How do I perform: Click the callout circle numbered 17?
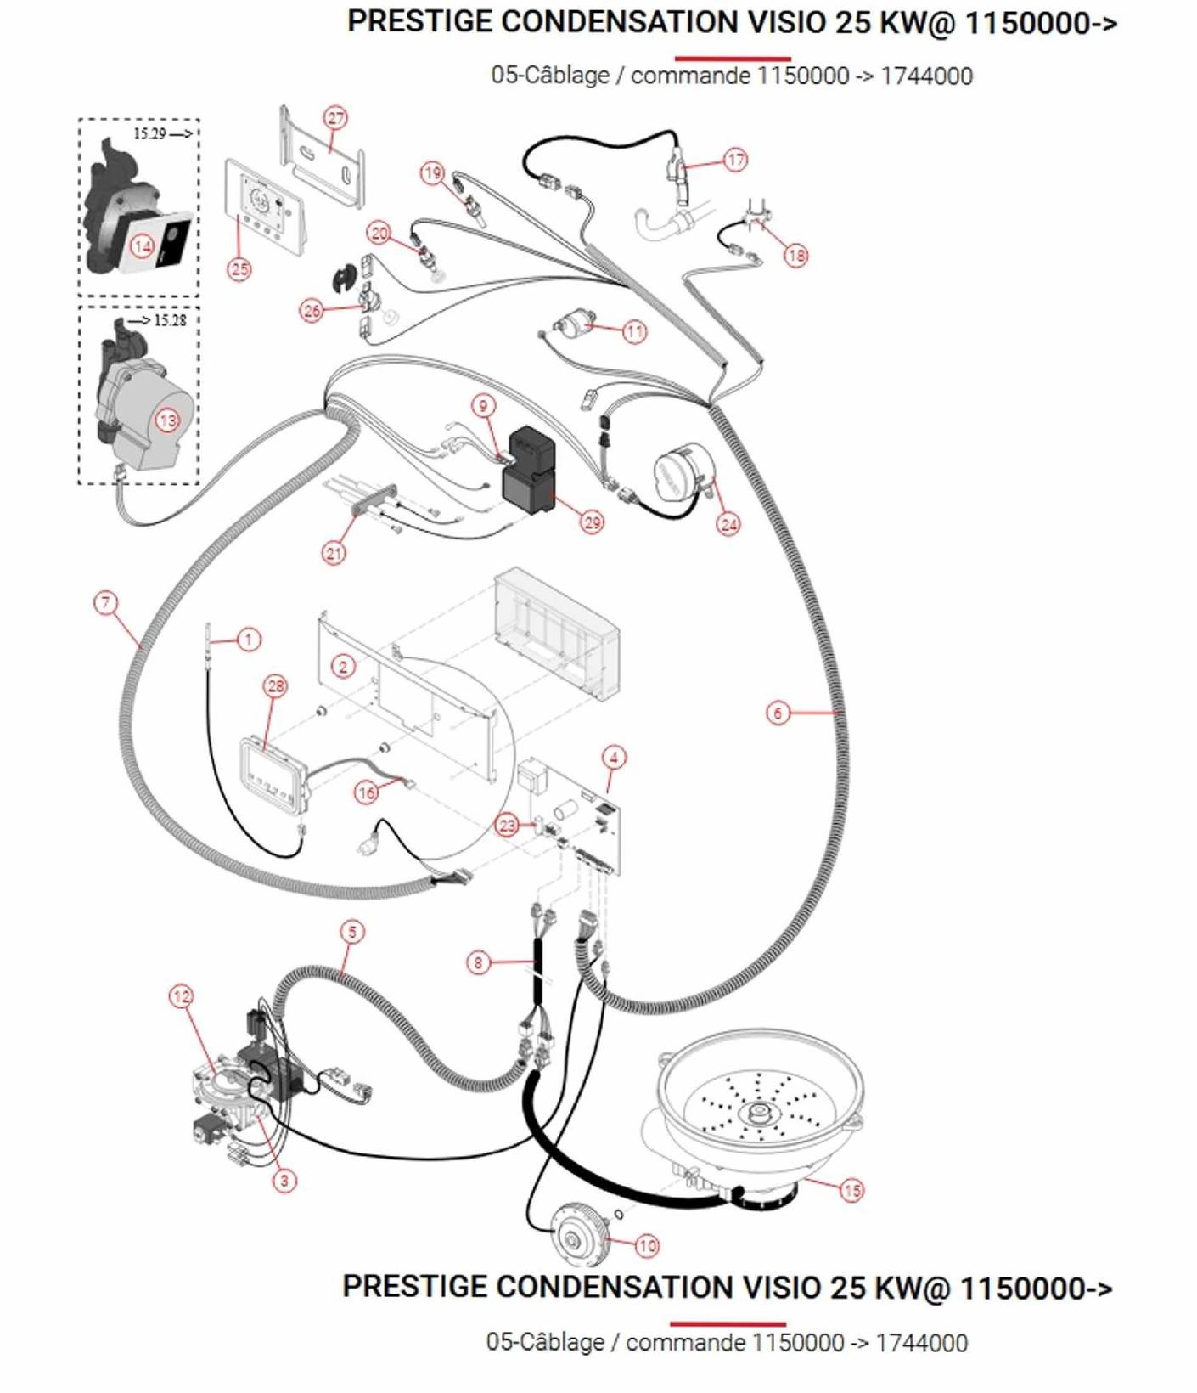(735, 160)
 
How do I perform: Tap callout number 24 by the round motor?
(728, 524)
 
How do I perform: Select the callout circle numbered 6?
(778, 713)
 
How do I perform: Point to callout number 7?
(105, 603)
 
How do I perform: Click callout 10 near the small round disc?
(647, 1245)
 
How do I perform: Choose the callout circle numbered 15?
(851, 1190)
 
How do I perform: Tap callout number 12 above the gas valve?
(182, 996)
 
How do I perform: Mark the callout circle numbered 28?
(275, 686)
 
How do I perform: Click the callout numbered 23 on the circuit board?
(507, 825)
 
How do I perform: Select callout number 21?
(334, 553)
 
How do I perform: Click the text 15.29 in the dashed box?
(149, 133)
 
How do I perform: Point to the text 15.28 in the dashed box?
(170, 320)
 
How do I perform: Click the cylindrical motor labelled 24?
(683, 477)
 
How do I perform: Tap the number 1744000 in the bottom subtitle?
(921, 1343)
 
